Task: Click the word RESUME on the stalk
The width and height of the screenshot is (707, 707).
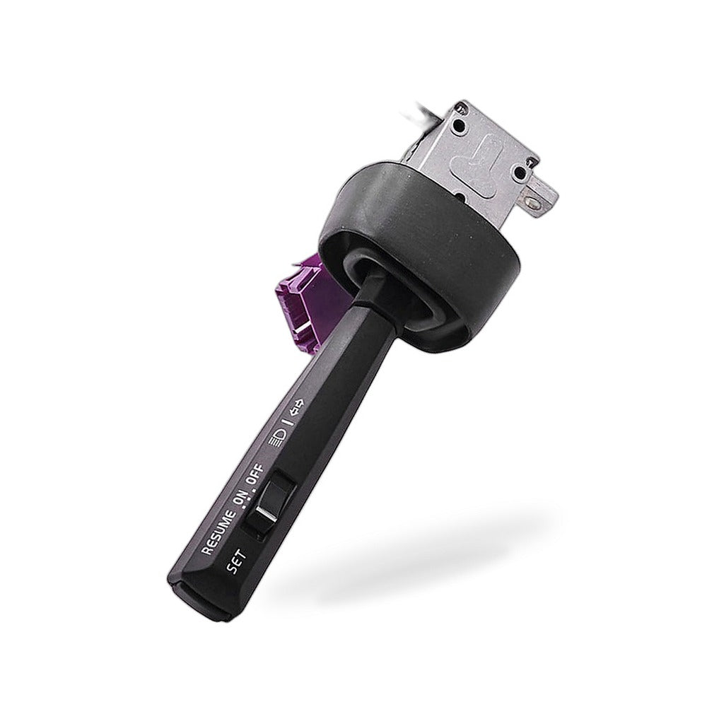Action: [x=218, y=532]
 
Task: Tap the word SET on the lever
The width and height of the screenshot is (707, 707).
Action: [x=237, y=562]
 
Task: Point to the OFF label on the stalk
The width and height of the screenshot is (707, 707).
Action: [x=256, y=474]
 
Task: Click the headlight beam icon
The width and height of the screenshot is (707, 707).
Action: [x=276, y=436]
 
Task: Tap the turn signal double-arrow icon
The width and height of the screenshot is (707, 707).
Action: [x=297, y=406]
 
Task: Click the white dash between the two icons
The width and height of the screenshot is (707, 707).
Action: [x=288, y=422]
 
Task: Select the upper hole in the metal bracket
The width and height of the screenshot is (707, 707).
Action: [x=461, y=125]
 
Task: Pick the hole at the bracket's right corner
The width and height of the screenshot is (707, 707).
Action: [x=520, y=172]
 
